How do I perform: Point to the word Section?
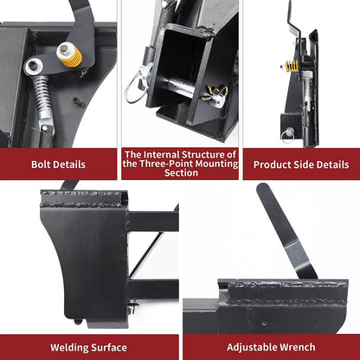[179, 172]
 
